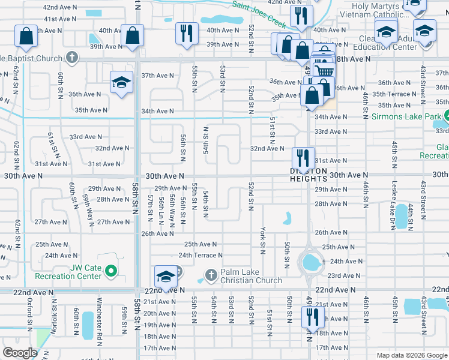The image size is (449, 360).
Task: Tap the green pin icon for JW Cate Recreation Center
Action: click(x=110, y=272)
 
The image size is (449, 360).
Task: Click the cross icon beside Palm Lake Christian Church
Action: click(x=210, y=275)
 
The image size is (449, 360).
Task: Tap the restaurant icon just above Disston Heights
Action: click(x=303, y=158)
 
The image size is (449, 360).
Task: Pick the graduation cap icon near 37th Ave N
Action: click(x=121, y=82)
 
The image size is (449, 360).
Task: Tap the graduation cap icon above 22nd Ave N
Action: click(x=166, y=276)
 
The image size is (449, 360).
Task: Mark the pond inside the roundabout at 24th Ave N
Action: click(x=310, y=262)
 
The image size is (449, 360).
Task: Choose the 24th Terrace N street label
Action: click(x=200, y=255)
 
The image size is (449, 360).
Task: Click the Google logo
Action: click(x=20, y=353)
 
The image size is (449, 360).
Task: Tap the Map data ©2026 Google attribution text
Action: click(x=411, y=354)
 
